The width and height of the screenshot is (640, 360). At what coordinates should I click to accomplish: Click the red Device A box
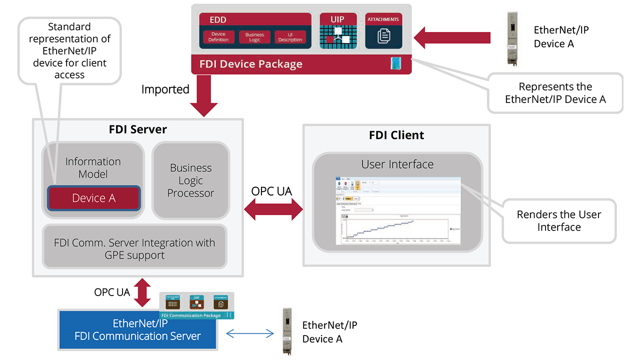click(x=93, y=198)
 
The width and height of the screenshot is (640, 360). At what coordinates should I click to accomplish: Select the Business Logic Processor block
click(x=190, y=180)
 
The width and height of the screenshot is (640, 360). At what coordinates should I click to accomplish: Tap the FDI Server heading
click(x=137, y=129)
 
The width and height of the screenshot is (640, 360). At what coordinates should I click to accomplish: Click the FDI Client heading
click(x=396, y=135)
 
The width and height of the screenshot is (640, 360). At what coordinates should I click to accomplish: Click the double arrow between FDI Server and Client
click(x=273, y=209)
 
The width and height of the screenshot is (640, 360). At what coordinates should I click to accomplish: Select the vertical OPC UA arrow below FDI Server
click(x=142, y=292)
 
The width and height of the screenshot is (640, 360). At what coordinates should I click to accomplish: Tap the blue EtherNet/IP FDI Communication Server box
click(x=137, y=329)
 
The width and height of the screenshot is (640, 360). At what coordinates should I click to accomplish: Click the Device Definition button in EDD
click(x=218, y=37)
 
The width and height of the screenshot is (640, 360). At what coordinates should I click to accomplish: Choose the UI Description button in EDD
click(x=290, y=37)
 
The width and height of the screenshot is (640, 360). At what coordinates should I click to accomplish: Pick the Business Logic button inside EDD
click(x=254, y=37)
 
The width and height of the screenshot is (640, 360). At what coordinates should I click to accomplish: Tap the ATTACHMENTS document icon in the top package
click(x=383, y=35)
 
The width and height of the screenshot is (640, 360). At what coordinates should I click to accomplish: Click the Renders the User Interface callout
click(x=558, y=220)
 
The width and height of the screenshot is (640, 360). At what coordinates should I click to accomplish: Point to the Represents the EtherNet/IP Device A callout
click(x=555, y=93)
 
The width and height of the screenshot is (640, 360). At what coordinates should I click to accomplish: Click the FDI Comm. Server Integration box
click(x=134, y=248)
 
